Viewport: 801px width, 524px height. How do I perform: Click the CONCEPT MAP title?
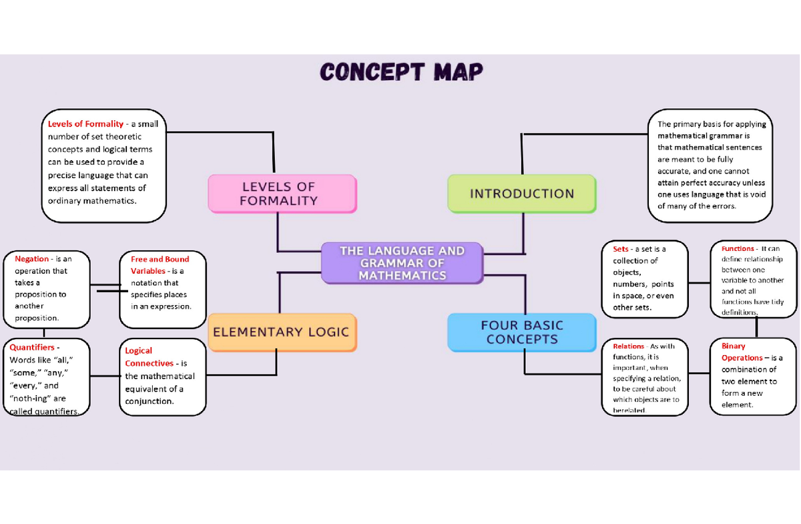(x=400, y=72)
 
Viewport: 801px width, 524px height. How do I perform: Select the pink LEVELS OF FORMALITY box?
(x=282, y=194)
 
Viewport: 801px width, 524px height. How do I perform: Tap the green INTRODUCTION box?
(x=521, y=194)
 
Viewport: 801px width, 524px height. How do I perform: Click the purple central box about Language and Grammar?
(x=402, y=263)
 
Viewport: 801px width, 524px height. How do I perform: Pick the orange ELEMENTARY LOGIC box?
(x=282, y=332)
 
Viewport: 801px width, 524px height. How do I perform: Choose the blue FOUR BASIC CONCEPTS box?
(x=521, y=332)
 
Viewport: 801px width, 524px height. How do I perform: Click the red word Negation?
(x=31, y=259)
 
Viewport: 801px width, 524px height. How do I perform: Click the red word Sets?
(x=620, y=249)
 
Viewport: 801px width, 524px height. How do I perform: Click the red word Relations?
(x=628, y=346)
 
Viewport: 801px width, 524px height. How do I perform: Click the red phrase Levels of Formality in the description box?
(x=85, y=123)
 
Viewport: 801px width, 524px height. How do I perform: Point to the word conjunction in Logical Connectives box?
(x=150, y=401)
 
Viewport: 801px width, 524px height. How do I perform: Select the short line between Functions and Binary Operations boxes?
(x=756, y=327)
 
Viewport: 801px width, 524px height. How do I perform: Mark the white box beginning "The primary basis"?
(x=711, y=165)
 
